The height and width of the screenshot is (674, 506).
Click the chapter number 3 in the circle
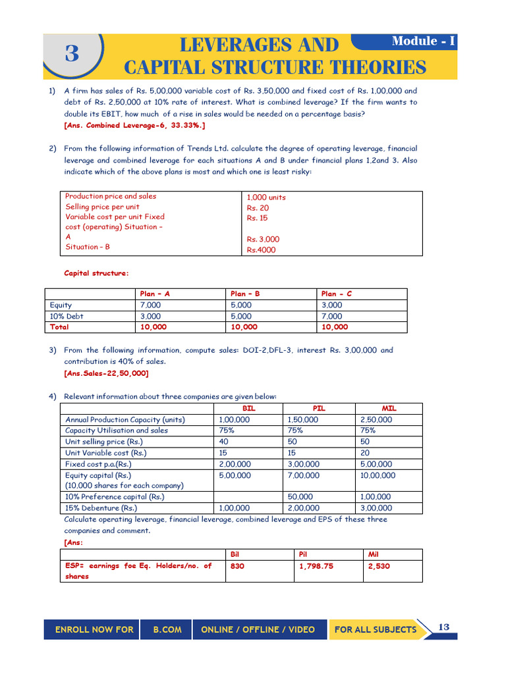click(72, 54)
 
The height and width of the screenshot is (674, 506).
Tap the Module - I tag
click(423, 41)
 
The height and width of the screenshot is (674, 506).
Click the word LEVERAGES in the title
click(259, 45)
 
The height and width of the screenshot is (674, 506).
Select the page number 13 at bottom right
click(443, 627)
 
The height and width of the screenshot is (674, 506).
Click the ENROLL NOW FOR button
click(94, 630)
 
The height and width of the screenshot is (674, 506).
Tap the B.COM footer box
click(167, 630)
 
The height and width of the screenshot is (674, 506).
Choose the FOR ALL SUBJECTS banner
click(375, 630)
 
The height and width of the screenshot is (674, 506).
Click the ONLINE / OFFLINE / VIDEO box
click(258, 630)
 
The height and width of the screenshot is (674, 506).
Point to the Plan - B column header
click(245, 294)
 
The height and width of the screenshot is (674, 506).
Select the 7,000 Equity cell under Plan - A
click(150, 305)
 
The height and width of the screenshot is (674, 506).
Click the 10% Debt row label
click(67, 316)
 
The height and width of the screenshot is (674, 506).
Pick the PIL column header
click(319, 408)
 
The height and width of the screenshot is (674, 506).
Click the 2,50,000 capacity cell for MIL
click(376, 419)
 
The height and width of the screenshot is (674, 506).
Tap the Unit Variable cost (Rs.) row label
click(106, 453)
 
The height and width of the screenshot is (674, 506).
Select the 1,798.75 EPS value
click(316, 565)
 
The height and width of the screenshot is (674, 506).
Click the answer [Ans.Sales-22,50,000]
click(106, 373)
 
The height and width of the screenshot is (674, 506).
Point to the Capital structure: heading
click(96, 273)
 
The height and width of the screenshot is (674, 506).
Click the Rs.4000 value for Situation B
click(262, 250)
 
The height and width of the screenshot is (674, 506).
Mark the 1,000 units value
click(266, 197)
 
